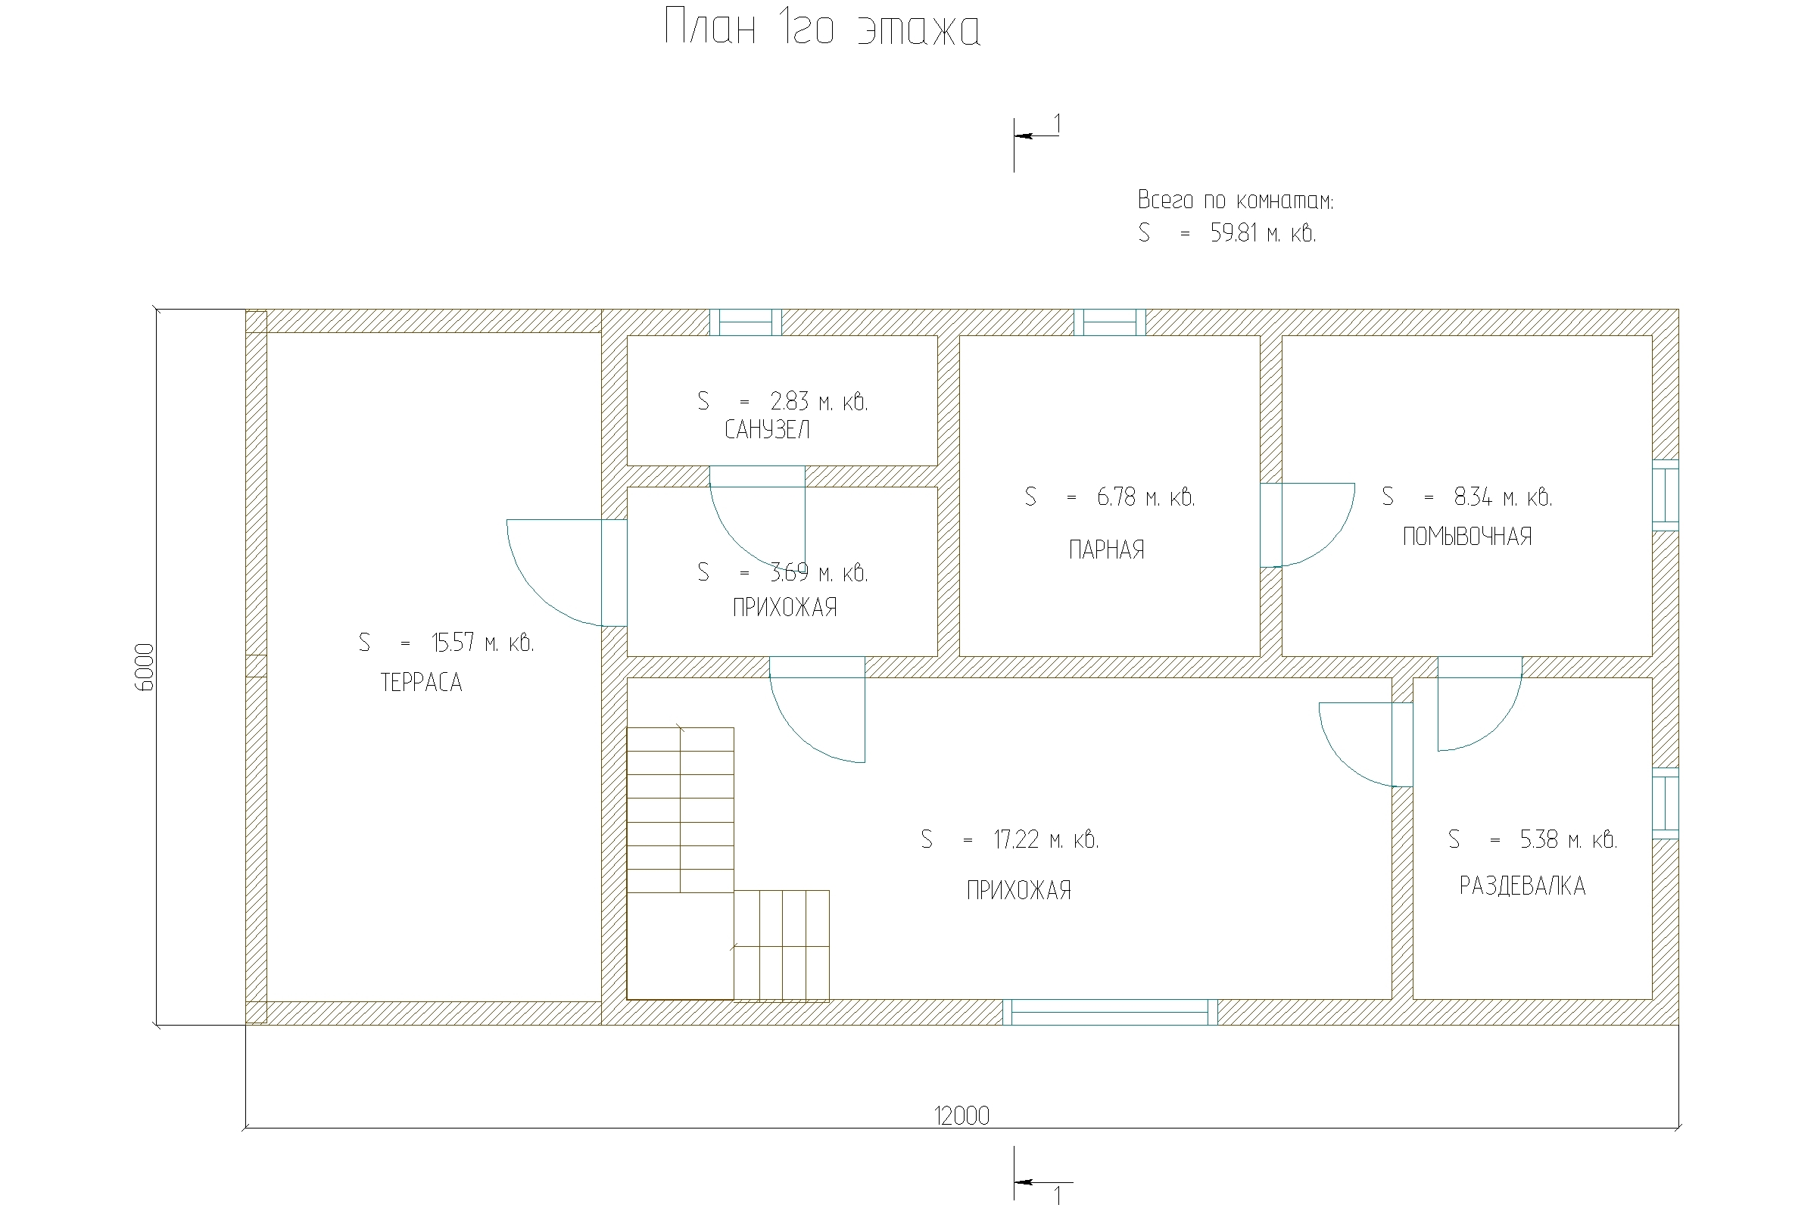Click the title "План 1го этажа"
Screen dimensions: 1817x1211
coord(823,29)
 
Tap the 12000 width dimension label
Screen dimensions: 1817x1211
coord(961,1115)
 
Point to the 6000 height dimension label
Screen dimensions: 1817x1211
coord(145,667)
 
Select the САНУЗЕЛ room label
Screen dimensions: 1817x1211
coord(767,430)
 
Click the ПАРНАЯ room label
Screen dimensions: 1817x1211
coord(1106,550)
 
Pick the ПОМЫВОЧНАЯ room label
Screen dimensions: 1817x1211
coord(1467,536)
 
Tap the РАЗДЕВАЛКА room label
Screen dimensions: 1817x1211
coord(1522,885)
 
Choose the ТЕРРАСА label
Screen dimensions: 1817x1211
coord(421,682)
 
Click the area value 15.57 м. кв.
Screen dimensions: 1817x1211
coord(482,643)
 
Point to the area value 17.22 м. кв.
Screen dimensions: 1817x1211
coord(1046,839)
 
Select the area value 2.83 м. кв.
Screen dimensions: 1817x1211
coord(819,402)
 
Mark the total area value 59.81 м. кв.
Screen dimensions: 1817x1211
coord(1263,233)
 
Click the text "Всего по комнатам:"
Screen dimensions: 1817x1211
coord(1236,200)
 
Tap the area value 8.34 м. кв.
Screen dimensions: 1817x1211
coord(1503,497)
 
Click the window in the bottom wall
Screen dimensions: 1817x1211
coord(1109,1012)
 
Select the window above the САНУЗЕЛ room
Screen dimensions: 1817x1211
coord(746,322)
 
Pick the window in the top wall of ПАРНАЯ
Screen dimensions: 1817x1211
coord(1109,322)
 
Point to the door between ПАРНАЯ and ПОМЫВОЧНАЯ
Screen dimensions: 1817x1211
coord(1307,525)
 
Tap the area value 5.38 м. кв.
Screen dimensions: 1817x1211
coord(1568,839)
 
